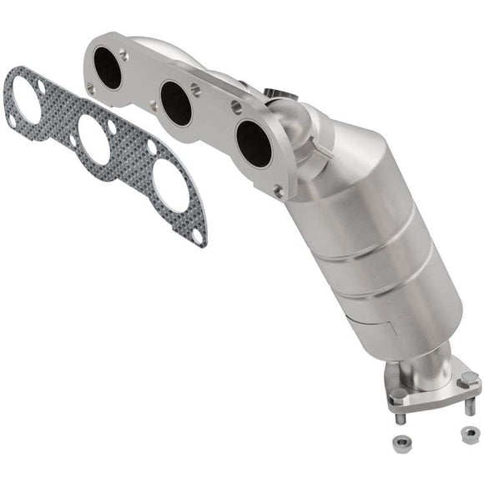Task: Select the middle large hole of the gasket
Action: click(x=94, y=139)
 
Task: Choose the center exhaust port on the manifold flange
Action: click(x=176, y=103)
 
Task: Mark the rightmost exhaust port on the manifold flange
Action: click(x=253, y=144)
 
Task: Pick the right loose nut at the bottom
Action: click(x=469, y=434)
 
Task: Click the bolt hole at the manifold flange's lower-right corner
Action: click(x=278, y=190)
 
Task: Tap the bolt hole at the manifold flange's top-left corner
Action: click(x=123, y=54)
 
